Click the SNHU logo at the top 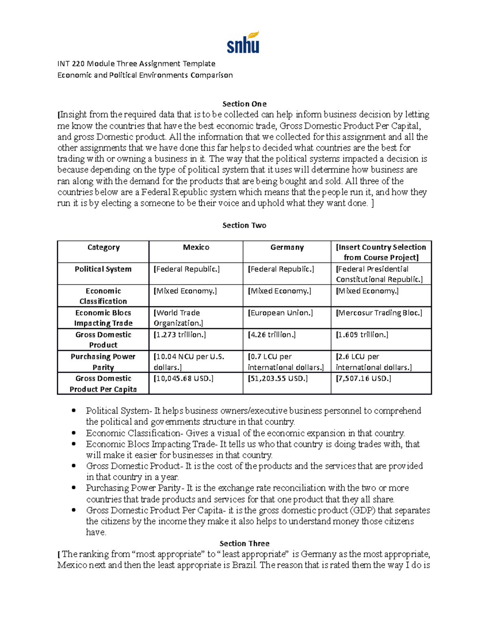point(243,43)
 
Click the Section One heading point(244,104)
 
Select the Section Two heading point(244,225)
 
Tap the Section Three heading point(244,543)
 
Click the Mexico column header point(196,247)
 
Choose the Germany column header point(287,247)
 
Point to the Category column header point(104,247)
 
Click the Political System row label point(103,269)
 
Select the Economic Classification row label point(103,296)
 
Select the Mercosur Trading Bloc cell point(379,313)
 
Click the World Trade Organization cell point(178,318)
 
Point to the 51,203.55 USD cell point(278,378)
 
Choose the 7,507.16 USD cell point(363,378)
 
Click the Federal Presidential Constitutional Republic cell point(379,274)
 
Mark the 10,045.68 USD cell point(183,378)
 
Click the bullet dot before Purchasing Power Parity point(73,488)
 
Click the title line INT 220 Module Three point(136,64)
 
